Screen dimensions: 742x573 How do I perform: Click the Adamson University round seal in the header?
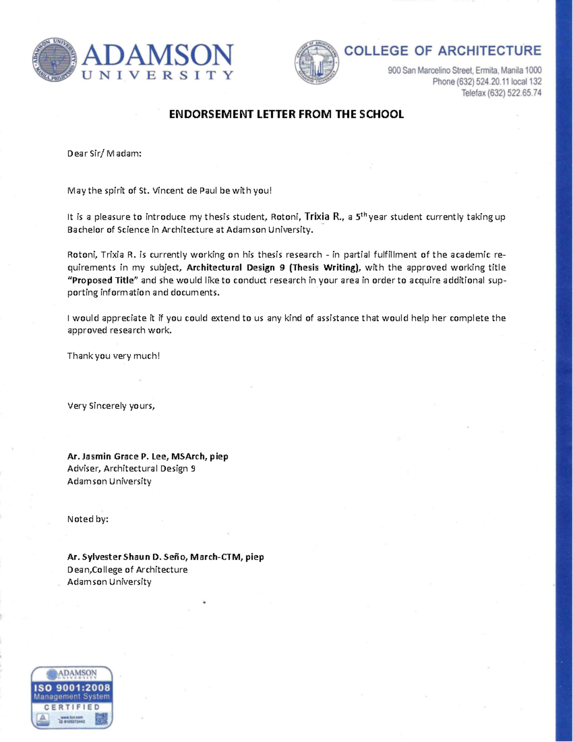click(55, 61)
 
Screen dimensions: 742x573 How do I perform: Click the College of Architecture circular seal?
click(317, 63)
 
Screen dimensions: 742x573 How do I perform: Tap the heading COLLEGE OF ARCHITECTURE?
click(442, 51)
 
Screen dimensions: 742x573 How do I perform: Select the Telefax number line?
click(501, 93)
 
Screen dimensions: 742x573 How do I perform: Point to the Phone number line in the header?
click(487, 82)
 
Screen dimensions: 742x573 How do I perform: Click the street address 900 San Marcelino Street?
click(464, 71)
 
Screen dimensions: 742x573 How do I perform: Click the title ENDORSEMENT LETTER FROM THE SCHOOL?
click(286, 114)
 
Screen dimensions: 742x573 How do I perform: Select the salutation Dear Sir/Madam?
click(104, 153)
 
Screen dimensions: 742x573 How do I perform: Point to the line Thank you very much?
click(113, 355)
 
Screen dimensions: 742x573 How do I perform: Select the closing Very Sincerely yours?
click(111, 406)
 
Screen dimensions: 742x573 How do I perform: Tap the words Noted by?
click(88, 519)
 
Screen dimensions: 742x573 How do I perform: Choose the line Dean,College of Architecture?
click(127, 570)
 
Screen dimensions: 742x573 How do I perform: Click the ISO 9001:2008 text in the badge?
click(72, 688)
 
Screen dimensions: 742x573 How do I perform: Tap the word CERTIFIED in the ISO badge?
click(72, 707)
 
